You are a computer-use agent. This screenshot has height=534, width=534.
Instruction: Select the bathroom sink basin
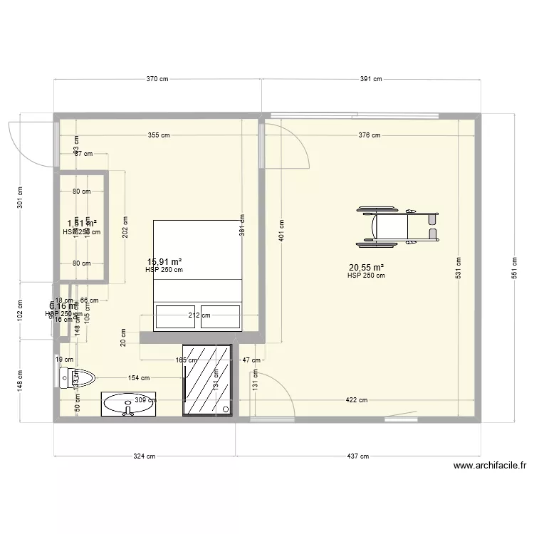click(x=127, y=404)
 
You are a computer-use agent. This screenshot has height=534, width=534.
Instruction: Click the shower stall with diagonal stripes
click(x=207, y=379)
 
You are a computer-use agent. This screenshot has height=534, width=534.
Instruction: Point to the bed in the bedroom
click(x=198, y=275)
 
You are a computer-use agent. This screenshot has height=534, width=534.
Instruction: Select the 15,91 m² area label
click(x=164, y=261)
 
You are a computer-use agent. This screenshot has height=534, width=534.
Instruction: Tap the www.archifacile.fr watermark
click(x=489, y=467)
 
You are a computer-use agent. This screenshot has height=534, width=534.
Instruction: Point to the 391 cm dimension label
click(x=369, y=80)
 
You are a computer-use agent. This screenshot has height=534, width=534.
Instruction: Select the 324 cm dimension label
click(x=145, y=456)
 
